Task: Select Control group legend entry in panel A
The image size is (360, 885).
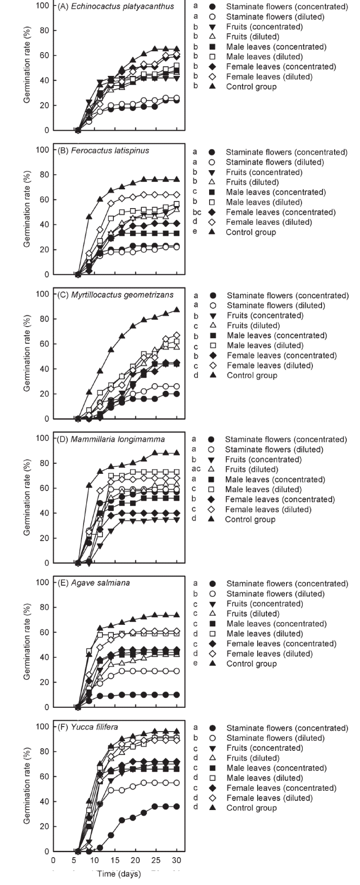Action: click(251, 87)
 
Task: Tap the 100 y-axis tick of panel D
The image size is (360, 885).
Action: click(43, 438)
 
